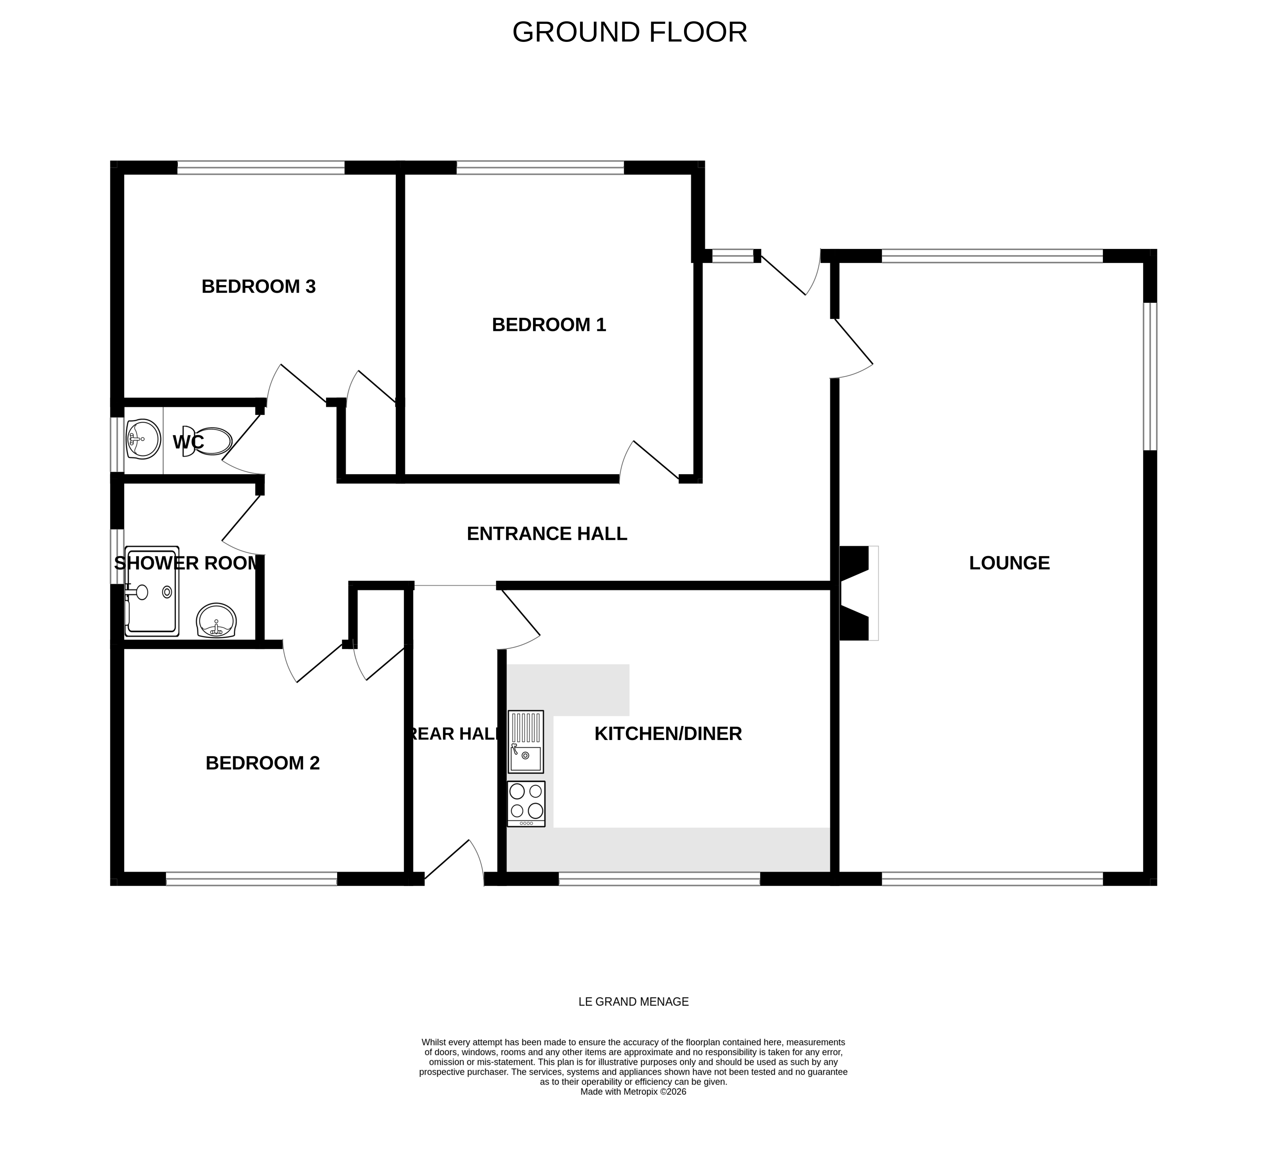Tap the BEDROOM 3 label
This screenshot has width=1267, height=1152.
pos(258,287)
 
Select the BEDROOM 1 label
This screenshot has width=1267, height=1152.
pos(549,325)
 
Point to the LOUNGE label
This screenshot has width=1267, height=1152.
pos(1009,563)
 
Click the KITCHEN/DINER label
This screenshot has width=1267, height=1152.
pos(667,734)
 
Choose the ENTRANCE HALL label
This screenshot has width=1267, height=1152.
pos(547,534)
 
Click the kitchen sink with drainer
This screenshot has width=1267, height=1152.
pos(525,742)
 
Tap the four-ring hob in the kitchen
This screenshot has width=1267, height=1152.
pos(526,803)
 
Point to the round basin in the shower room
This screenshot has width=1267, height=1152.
pos(216,621)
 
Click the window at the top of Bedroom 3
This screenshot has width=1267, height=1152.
pos(261,168)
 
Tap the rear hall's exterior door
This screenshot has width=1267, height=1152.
pos(454,862)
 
